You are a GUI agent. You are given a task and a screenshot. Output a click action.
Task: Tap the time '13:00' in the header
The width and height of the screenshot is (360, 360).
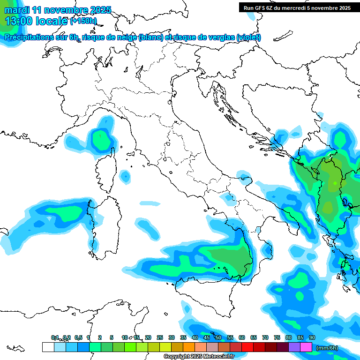pos(19,21)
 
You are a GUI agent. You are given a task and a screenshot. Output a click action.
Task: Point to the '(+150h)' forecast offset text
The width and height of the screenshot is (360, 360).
pos(83,21)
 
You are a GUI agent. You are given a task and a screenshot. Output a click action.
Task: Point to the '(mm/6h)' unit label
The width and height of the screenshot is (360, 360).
pos(327,348)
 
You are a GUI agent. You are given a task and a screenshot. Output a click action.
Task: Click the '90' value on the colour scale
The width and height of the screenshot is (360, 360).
pos(312,338)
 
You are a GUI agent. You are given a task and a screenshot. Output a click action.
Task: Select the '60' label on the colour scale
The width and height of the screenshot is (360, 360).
pos(242,338)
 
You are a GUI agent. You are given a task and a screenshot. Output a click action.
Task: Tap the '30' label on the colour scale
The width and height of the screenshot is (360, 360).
pos(172,338)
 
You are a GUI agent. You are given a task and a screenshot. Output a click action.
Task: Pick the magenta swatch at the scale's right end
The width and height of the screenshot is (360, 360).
pos(306,347)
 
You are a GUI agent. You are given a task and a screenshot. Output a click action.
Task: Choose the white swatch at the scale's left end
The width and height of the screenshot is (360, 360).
pos(48,347)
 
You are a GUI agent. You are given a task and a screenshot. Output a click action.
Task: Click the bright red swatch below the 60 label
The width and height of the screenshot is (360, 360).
pos(247,347)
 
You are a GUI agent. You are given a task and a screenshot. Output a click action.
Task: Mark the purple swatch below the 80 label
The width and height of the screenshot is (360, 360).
pos(294,347)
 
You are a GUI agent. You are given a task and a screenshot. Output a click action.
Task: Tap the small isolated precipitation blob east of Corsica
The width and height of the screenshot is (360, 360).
pos(125,176)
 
